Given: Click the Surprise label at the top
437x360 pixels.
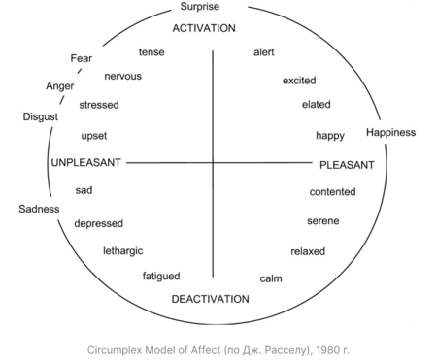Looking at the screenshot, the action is coord(200,7).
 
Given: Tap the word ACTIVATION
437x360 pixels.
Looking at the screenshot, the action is coord(204,28).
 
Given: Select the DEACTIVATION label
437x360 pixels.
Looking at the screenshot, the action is coord(211,299).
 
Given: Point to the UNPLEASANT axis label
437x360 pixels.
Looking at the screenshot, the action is coord(86,162).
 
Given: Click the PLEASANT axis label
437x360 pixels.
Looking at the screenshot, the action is coord(347,165).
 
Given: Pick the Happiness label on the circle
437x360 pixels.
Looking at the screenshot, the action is coord(391,132).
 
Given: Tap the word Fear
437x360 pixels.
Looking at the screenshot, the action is coord(82,58).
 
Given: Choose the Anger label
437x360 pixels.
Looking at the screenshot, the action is coord(60,86).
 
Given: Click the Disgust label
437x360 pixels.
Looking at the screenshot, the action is coord(41,116).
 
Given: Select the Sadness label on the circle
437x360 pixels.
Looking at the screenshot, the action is coord(39,209).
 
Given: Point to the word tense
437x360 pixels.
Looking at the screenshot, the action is coord(151,52).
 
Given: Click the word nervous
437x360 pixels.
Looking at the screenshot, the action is coord(123,77).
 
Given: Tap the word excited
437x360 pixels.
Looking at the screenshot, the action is coord(299,81).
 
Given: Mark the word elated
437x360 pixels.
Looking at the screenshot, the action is coord(317,105).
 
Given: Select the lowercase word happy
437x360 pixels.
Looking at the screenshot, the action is coord(330,136).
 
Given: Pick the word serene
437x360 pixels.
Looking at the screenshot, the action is coord(323,221).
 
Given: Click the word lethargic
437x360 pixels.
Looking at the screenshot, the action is coord(123,251).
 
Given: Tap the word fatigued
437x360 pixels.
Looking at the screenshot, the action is coord(161,277).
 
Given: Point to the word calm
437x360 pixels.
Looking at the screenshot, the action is coord(271,278).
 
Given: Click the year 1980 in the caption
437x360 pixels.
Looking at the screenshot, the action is coord(326,350).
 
